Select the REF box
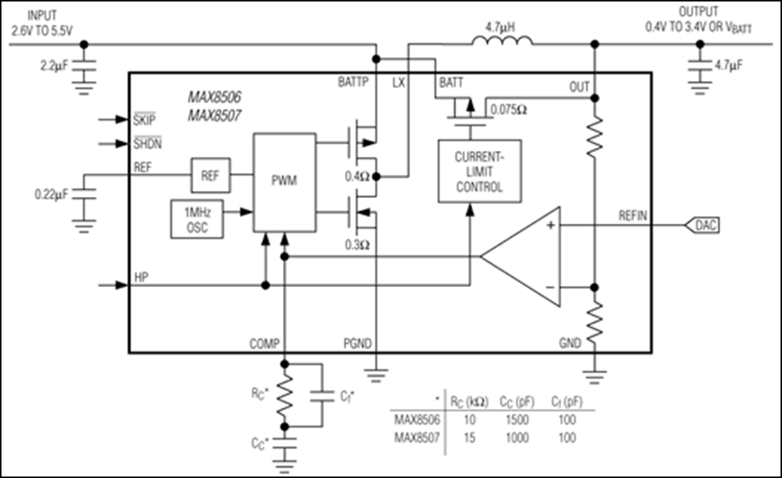click(209, 175)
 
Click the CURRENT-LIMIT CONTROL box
click(473, 171)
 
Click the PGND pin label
click(358, 341)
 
